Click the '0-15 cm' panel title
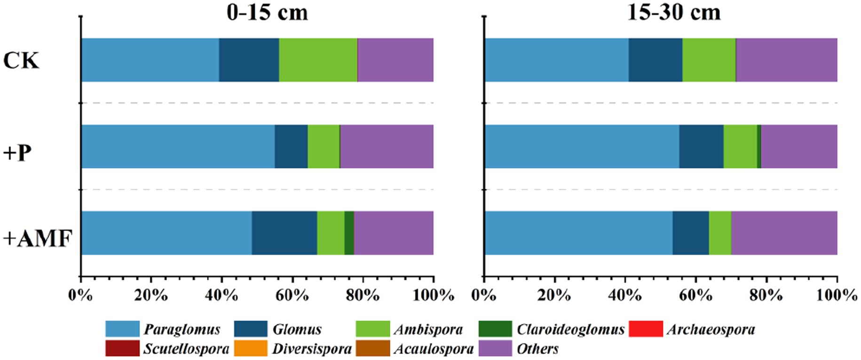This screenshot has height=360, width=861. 267,12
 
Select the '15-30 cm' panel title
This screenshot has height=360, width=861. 673,12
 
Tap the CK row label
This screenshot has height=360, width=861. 21,61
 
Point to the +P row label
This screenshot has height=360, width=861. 17,153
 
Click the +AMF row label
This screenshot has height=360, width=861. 38,239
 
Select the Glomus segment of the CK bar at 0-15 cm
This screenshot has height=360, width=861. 249,60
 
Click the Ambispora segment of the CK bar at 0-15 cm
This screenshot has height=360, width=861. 318,60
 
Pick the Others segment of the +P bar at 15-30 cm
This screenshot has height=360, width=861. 799,146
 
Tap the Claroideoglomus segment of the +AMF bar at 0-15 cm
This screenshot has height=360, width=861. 349,233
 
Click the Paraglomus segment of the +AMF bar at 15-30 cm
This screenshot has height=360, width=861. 578,233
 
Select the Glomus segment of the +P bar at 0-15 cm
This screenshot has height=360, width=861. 291,146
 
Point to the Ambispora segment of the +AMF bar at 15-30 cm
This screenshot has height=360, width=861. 720,233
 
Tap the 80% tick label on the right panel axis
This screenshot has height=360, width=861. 766,296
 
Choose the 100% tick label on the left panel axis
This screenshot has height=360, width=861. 433,296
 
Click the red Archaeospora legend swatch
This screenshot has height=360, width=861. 646,329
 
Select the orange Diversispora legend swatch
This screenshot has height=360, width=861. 251,349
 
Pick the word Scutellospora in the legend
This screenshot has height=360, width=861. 186,349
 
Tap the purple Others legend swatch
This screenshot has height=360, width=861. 495,349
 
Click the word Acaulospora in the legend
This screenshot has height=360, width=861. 434,349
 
